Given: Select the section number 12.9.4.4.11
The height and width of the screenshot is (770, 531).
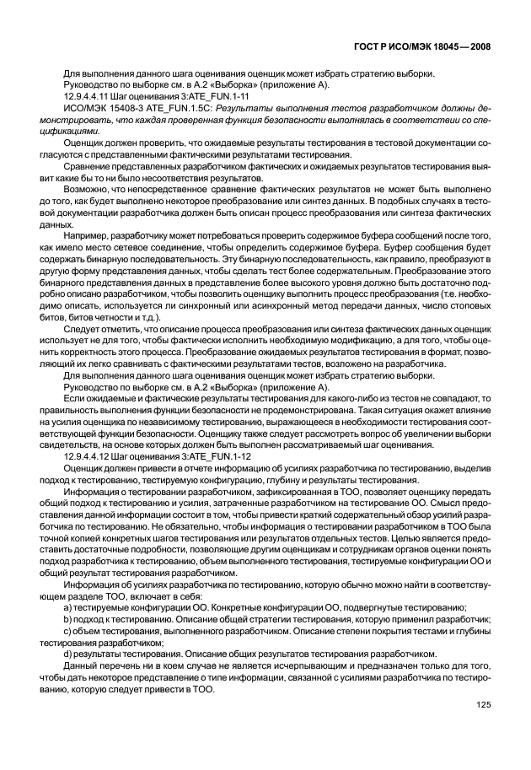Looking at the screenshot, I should [88, 97].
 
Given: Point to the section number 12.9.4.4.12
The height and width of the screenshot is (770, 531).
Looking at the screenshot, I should [88, 456].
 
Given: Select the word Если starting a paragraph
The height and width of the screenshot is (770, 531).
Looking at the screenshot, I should [75, 396].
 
